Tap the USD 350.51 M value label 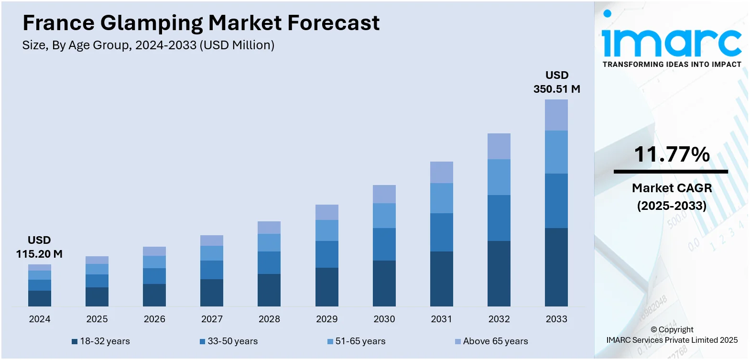coord(557,82)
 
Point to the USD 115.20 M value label coord(39,247)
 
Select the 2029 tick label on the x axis coord(326,319)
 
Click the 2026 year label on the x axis coord(154,319)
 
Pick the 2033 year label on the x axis coord(556,319)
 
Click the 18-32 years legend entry coord(101,341)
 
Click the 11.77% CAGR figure coord(672,154)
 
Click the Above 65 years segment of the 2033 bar coord(556,115)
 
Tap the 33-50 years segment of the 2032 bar coord(499,218)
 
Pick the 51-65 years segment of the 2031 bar coord(442,198)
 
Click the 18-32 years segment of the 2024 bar coord(40,298)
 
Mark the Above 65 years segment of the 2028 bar coord(269,228)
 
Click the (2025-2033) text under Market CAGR coord(672,206)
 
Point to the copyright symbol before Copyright coord(654,329)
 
